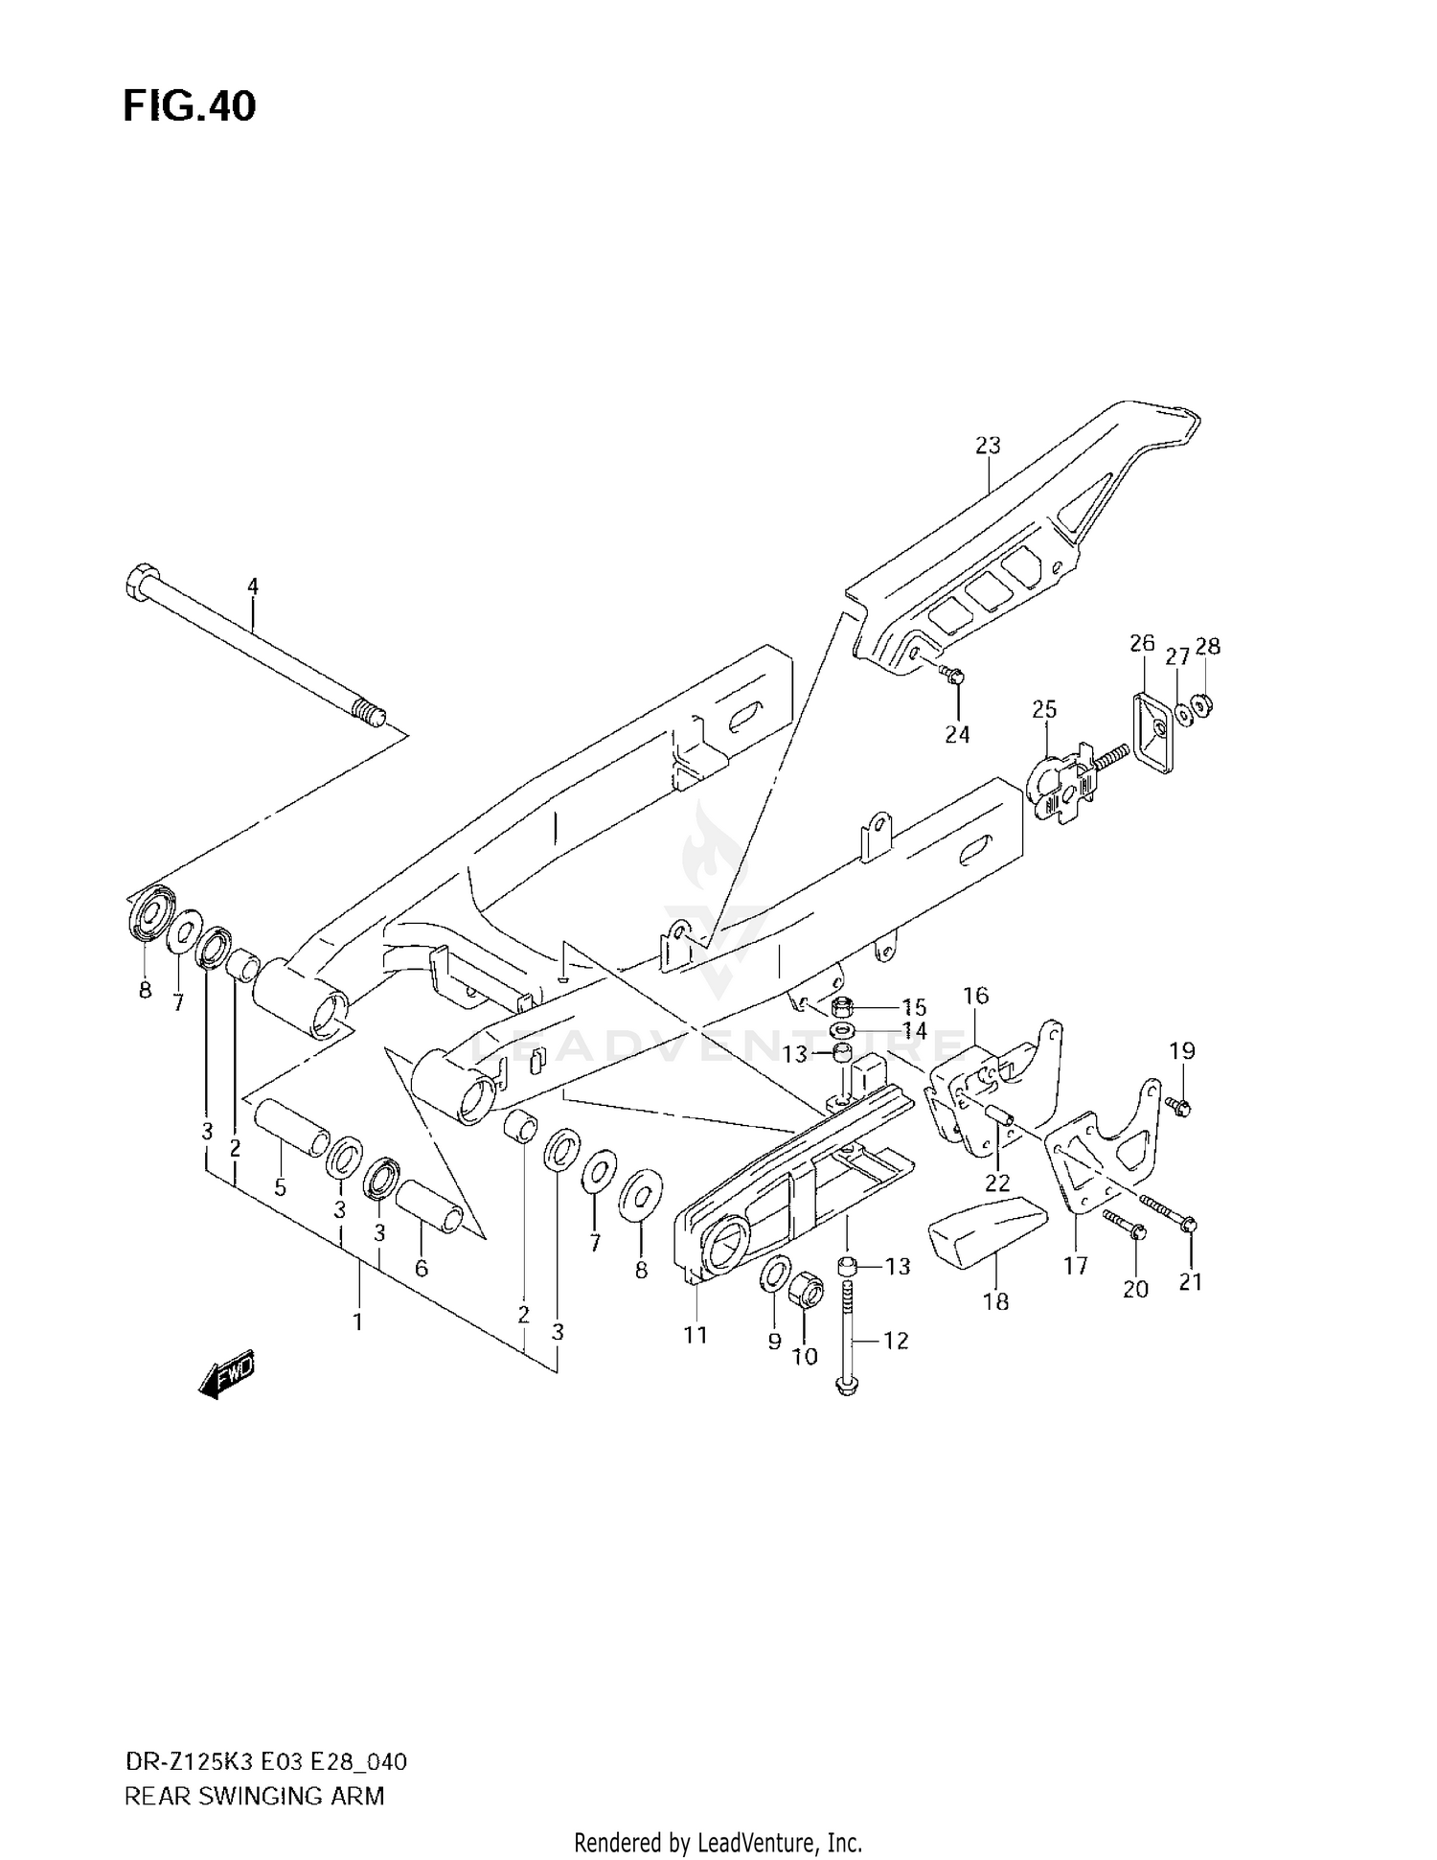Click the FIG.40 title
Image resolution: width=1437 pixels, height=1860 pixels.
coord(189,106)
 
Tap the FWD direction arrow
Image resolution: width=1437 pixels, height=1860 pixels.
coord(227,1376)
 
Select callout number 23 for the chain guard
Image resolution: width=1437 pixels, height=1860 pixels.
coord(988,446)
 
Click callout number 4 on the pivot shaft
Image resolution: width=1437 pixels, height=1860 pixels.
coord(253,586)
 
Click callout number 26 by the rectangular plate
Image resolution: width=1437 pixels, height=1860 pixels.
coord(1142,643)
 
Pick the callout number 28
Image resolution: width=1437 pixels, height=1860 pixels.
coord(1208,647)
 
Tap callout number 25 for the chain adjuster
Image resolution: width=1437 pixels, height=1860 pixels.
coord(1044,710)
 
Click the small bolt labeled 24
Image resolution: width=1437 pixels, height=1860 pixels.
coord(952,676)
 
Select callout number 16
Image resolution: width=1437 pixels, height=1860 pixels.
coord(975,996)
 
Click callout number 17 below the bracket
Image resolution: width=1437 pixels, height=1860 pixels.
coord(1076,1266)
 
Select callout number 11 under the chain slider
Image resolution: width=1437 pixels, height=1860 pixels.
coord(696,1334)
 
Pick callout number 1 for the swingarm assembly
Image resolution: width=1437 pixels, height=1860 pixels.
coord(357,1322)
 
